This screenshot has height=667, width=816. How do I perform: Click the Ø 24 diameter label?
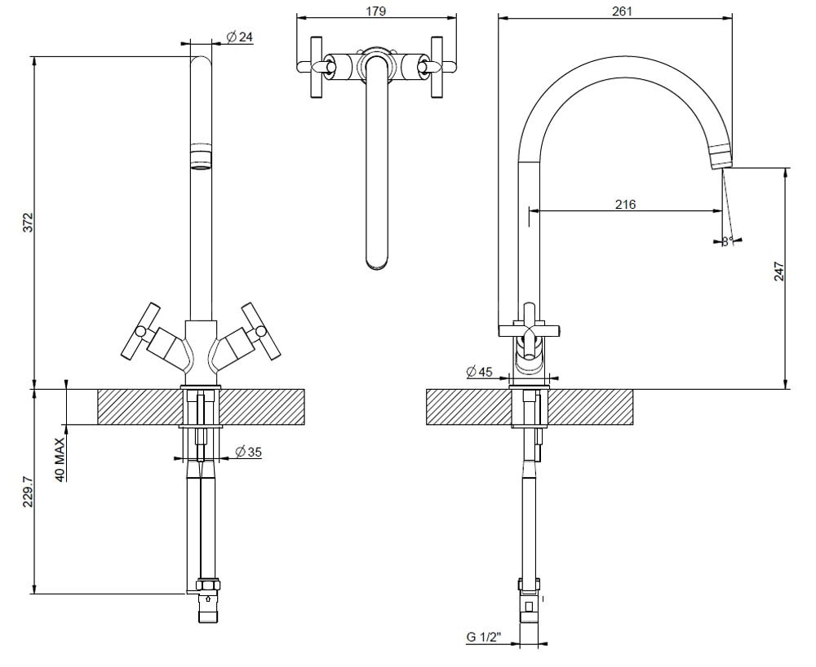(239, 37)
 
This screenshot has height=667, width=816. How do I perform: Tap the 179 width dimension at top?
(376, 11)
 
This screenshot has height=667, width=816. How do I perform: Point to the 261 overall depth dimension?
(622, 11)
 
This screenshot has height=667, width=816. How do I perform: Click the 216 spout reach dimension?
(625, 204)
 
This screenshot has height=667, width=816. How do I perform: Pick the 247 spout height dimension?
(778, 272)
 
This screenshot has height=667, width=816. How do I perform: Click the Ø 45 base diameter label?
(480, 372)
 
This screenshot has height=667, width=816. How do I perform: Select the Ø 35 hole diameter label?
(248, 452)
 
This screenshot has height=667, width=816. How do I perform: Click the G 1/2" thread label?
(484, 638)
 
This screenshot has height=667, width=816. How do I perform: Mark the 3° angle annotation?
(727, 240)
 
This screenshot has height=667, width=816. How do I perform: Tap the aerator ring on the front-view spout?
(201, 157)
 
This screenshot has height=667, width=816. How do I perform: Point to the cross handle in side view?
(530, 330)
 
